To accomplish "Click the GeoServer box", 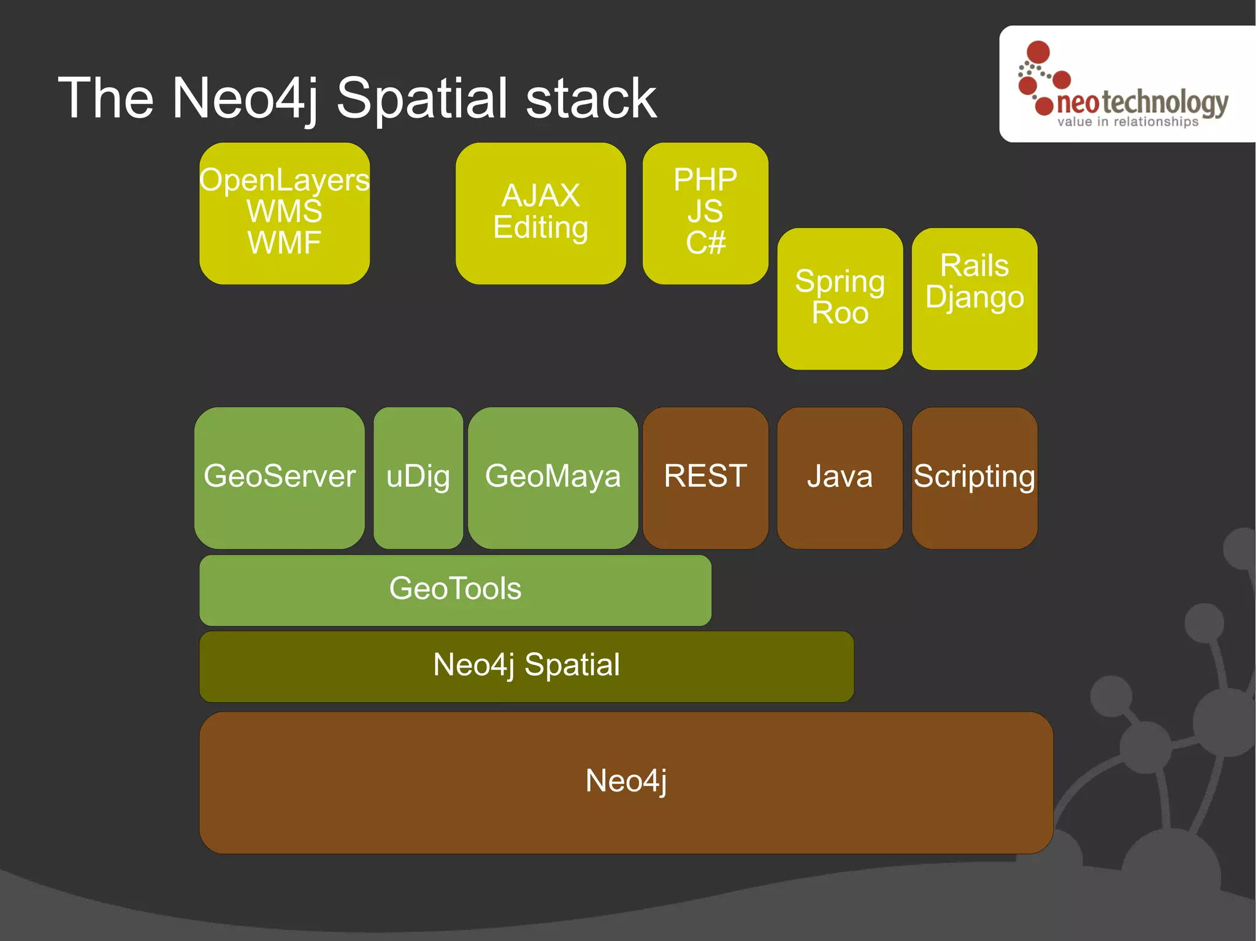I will pos(279,477).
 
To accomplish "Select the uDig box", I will pos(418,477).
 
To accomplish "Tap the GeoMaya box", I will pos(553,477).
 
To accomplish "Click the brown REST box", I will pos(705,477).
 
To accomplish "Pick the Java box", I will pos(840,477).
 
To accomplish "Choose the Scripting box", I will pos(974,477).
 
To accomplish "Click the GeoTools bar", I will pos(455,589).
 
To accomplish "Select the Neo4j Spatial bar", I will pos(526,666).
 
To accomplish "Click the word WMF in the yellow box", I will pos(285,243).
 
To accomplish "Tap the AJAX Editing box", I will pos(540,213).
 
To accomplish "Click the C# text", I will pos(705,243).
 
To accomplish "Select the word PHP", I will pos(705,180).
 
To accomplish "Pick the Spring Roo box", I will pos(840,299).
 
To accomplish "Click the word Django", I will pos(975,298).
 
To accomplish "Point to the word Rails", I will pos(975,266).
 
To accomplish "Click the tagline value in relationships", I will pos(1127,122).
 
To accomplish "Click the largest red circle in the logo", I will pos(1038,51).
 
